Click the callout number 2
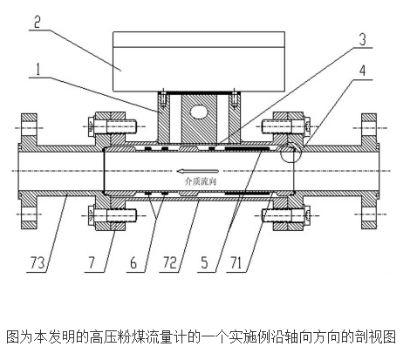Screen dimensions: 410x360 click(37, 22)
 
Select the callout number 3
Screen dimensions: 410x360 click(362, 39)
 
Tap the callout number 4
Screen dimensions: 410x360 click(362, 71)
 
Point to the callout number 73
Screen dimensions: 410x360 click(38, 262)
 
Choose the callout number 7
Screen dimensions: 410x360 click(92, 262)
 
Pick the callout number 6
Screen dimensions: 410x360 click(133, 262)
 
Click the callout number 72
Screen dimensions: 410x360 click(169, 262)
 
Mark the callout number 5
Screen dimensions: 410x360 click(204, 262)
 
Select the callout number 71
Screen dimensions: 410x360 click(236, 262)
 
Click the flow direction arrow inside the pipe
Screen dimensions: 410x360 click(198, 171)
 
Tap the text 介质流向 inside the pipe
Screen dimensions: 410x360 click(201, 181)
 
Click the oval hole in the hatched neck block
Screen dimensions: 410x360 click(199, 112)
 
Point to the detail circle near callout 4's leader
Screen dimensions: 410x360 click(291, 153)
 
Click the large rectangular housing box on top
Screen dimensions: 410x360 click(199, 61)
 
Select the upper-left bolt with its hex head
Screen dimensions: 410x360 click(112, 126)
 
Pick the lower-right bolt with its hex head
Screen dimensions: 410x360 click(286, 215)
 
